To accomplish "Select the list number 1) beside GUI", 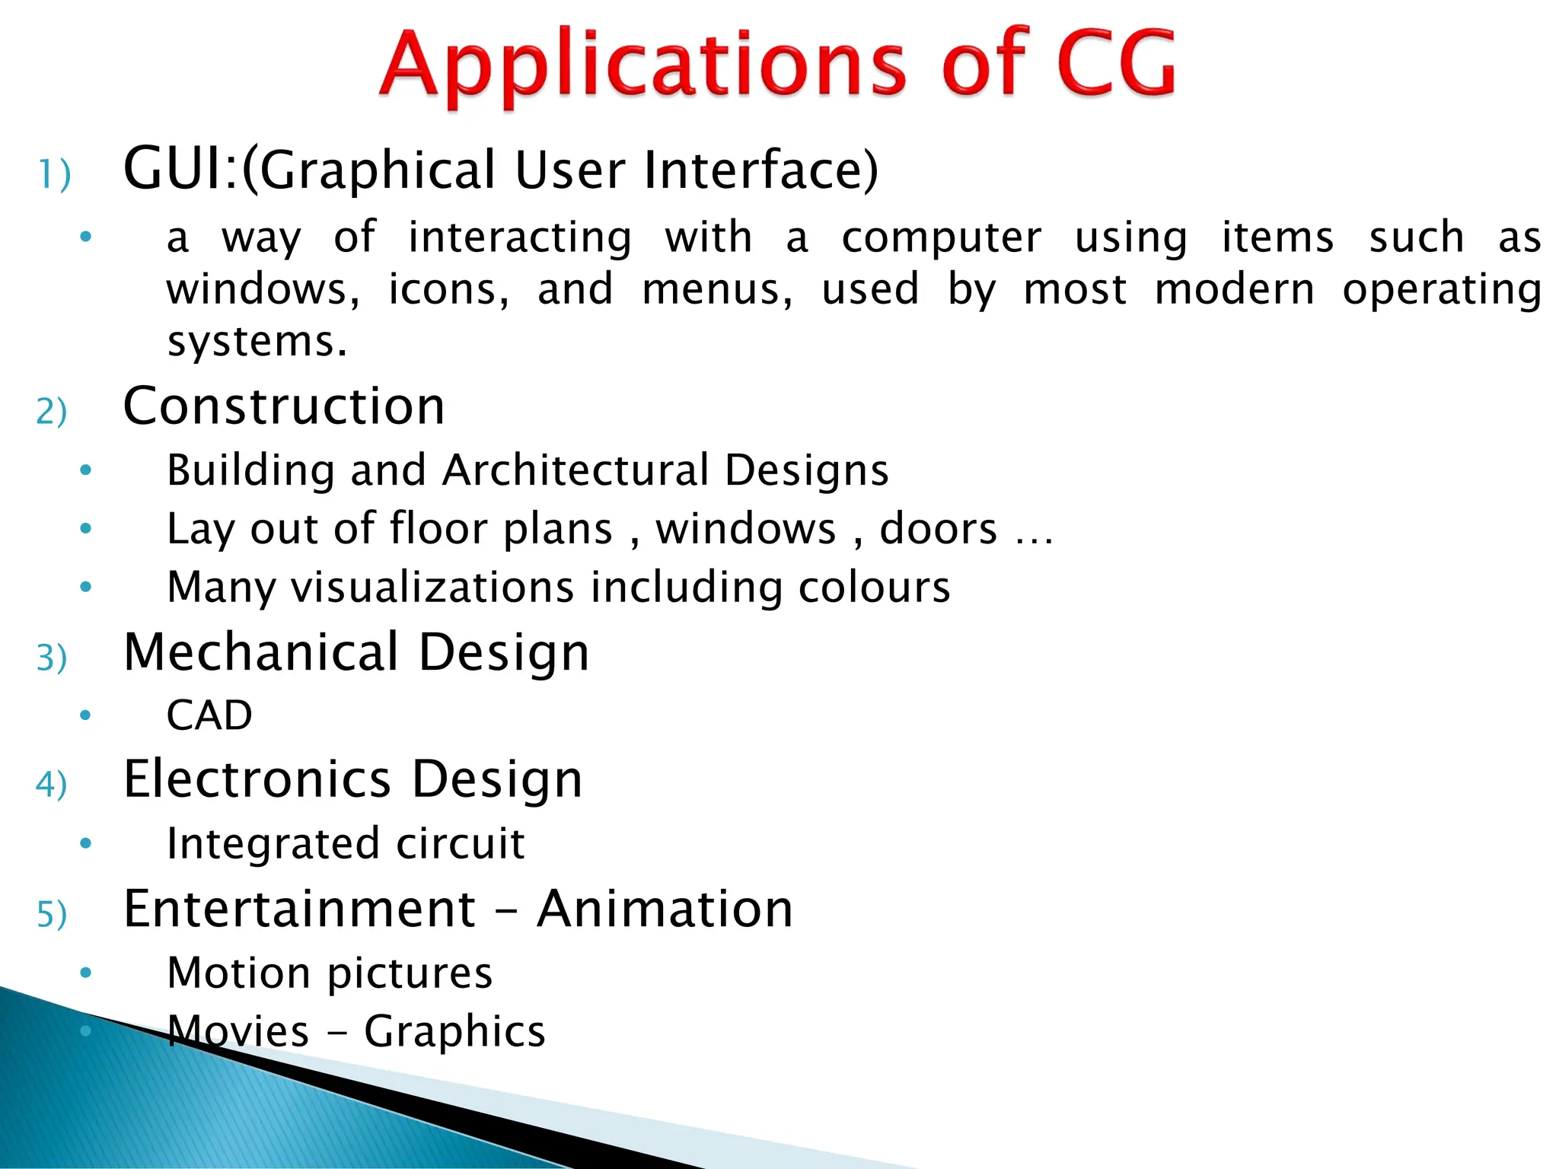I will pyautogui.click(x=54, y=174).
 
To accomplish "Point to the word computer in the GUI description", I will pyautogui.click(x=941, y=237).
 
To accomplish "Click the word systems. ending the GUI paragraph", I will pyautogui.click(x=257, y=342).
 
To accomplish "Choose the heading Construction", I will pyautogui.click(x=284, y=406).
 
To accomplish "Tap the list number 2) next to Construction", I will pyautogui.click(x=52, y=412).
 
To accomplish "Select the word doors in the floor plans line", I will pyautogui.click(x=938, y=528).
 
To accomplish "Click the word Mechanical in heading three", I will pyautogui.click(x=261, y=652).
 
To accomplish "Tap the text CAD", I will pyautogui.click(x=209, y=715).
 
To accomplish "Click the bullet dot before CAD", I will pyautogui.click(x=85, y=715).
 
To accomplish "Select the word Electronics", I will pyautogui.click(x=257, y=779).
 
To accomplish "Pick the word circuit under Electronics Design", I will pyautogui.click(x=460, y=843).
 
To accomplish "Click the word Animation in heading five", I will pyautogui.click(x=665, y=909).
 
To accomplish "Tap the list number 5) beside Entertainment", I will pyautogui.click(x=52, y=914).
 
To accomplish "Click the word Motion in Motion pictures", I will pyautogui.click(x=238, y=973).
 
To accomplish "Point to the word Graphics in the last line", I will pyautogui.click(x=454, y=1032).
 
